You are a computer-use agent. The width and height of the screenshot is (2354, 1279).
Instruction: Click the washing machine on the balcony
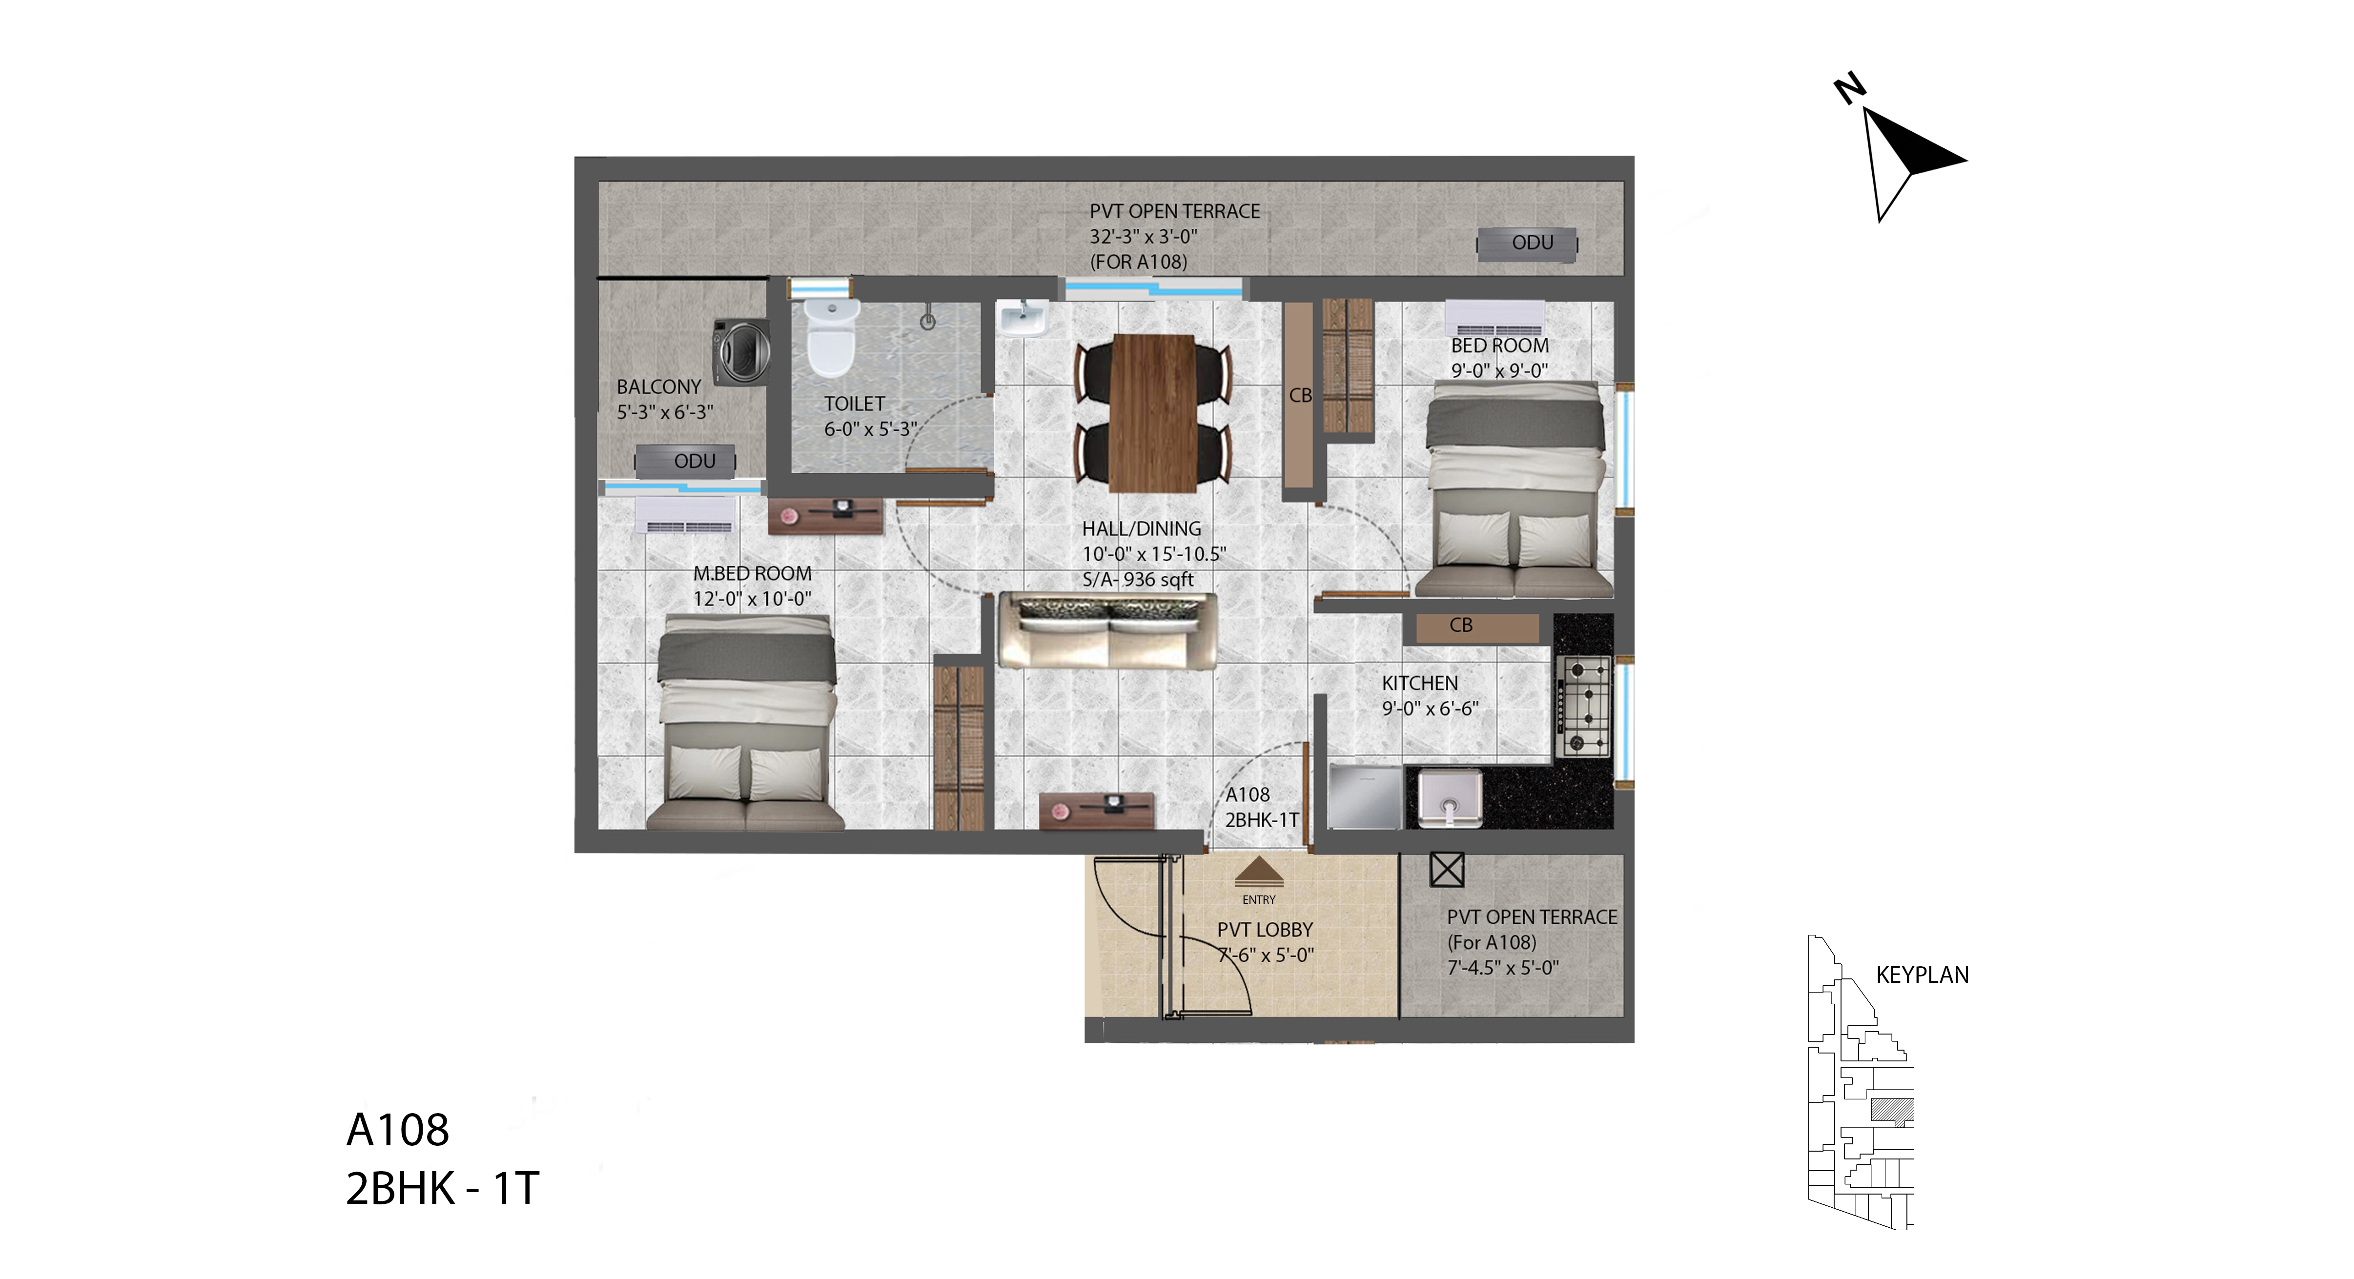tap(740, 351)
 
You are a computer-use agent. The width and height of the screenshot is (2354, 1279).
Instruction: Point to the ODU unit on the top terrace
tap(1528, 244)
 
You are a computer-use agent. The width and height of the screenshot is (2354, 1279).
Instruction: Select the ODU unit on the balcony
tap(686, 461)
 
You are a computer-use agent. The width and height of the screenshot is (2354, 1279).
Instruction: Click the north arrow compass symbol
tap(1901, 151)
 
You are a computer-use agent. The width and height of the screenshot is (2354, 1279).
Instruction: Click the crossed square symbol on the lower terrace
tap(1447, 870)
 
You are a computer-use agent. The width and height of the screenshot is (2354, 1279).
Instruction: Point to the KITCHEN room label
tap(1419, 683)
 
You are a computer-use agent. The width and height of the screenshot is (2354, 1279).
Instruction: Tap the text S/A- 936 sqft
tap(1138, 579)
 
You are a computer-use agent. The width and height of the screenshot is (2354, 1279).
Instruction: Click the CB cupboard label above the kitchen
tap(1460, 625)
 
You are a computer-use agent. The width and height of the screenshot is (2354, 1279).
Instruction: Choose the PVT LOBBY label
tap(1265, 930)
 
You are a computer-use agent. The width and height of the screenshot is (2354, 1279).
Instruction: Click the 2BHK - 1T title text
tap(442, 1189)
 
